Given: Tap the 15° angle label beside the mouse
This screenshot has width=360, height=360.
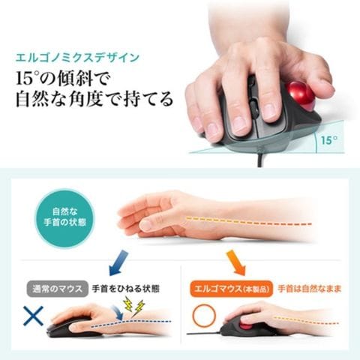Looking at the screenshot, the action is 329,140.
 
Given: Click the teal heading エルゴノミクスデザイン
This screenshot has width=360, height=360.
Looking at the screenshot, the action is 77,58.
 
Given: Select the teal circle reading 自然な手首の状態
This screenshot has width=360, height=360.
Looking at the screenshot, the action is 64,217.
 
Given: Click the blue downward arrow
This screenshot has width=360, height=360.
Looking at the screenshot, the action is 118,262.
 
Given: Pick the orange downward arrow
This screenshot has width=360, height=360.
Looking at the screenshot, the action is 236,262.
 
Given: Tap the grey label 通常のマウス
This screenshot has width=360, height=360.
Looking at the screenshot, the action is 57,289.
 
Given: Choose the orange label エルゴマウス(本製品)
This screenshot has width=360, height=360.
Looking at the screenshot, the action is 231,289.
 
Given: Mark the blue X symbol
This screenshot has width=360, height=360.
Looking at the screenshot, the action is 33,316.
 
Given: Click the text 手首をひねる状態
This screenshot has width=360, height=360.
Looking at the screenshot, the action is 126,289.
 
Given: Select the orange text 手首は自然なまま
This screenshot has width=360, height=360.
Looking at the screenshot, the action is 310,289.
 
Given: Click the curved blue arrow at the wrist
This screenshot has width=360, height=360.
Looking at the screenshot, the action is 118,313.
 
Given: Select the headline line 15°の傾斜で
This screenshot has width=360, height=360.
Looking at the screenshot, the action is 62,78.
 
